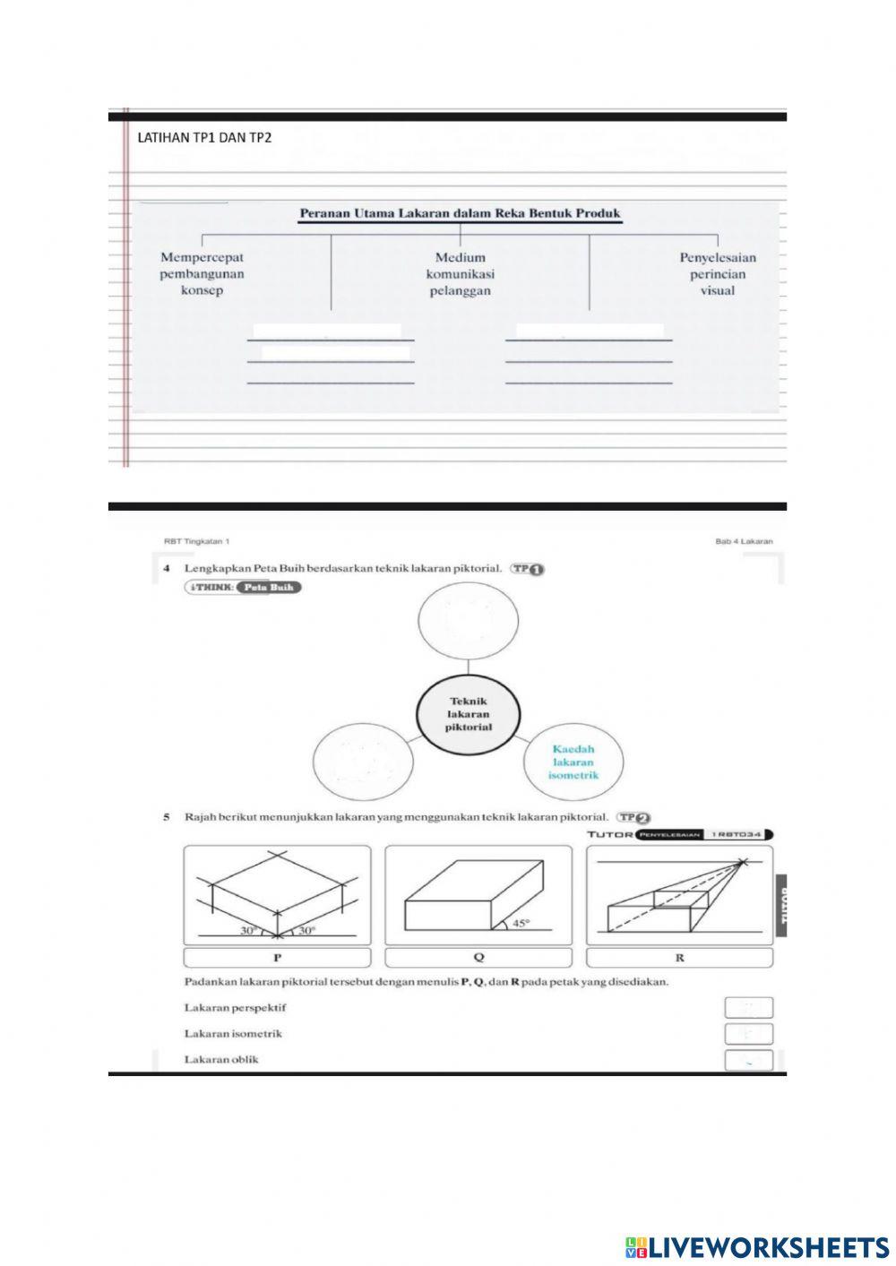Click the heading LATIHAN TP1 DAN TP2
coord(204,138)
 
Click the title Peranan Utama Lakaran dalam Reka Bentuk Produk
coord(460,213)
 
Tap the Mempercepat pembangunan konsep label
coord(202,273)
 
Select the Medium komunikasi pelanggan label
coord(460,273)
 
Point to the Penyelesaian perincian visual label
coord(718,273)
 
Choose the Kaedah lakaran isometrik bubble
coord(573,762)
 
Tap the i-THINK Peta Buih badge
coord(243,588)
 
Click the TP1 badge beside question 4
coord(529,569)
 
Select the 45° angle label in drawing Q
coord(521,924)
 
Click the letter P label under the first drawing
coord(277,958)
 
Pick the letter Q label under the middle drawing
coord(478,958)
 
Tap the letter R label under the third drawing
coord(679,958)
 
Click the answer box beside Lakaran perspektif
coord(748,1008)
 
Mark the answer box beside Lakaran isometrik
coord(748,1034)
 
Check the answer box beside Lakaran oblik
coord(748,1060)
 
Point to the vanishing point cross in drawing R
coord(742,863)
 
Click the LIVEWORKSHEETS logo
coord(757,1246)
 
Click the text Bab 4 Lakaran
coord(744,541)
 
